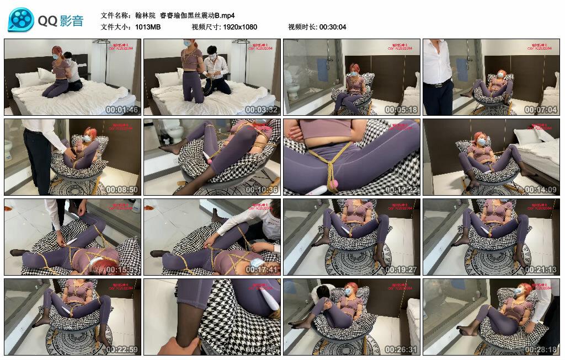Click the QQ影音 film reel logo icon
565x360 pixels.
pyautogui.click(x=21, y=20)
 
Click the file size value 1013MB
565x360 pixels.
pyautogui.click(x=147, y=27)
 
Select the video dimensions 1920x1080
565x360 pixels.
pyautogui.click(x=240, y=27)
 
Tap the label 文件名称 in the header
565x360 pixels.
pyautogui.click(x=115, y=15)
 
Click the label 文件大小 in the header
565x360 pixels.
pyautogui.click(x=115, y=27)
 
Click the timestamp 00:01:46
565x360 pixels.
pyautogui.click(x=121, y=110)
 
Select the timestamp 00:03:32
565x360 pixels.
pyautogui.click(x=262, y=110)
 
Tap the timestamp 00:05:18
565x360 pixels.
pyautogui.click(x=401, y=110)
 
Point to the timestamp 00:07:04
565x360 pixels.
pyautogui.click(x=541, y=110)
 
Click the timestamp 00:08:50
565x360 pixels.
pyautogui.click(x=121, y=190)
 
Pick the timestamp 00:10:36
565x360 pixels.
pyautogui.click(x=262, y=190)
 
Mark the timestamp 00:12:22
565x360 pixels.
pyautogui.click(x=401, y=190)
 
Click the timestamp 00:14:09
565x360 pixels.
pyautogui.click(x=541, y=190)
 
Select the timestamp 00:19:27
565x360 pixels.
pyautogui.click(x=401, y=270)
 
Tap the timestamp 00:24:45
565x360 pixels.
pyautogui.click(x=262, y=350)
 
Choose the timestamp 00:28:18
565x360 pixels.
pyautogui.click(x=541, y=350)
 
